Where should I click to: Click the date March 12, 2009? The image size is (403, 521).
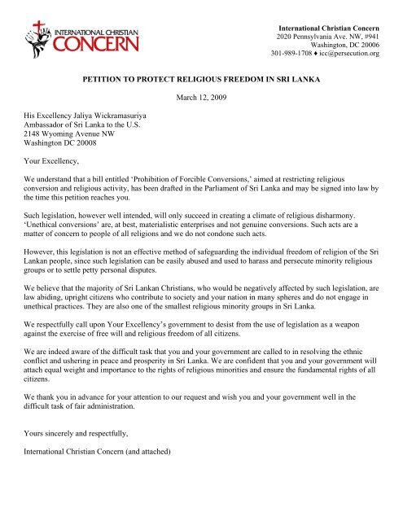201,99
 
